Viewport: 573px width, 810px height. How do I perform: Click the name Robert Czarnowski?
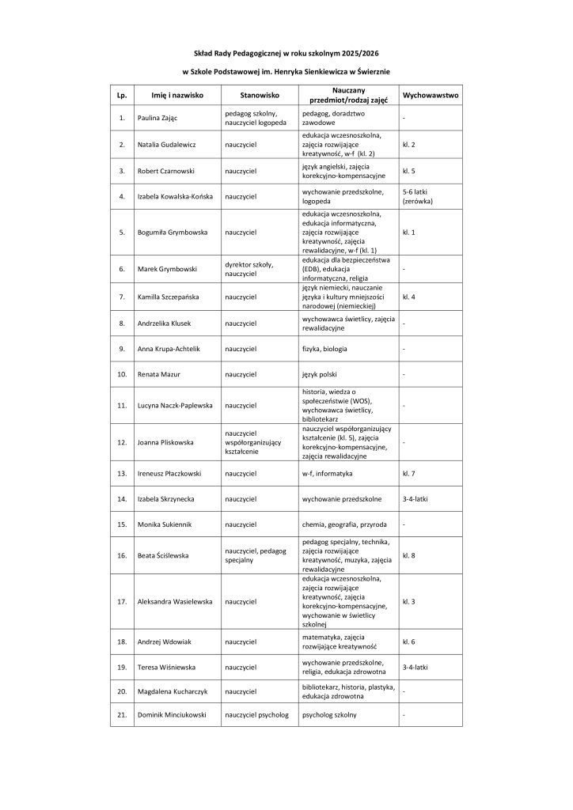[x=169, y=170]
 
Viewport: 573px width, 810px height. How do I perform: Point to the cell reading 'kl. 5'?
[x=409, y=170]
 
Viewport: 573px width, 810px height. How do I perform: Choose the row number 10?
[x=122, y=373]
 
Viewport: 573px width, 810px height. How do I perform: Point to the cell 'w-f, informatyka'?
[x=327, y=473]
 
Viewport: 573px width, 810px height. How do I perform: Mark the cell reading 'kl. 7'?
[x=409, y=473]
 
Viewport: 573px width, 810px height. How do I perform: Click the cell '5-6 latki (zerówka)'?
[x=419, y=197]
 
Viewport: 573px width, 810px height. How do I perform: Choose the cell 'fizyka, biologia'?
[x=324, y=348]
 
